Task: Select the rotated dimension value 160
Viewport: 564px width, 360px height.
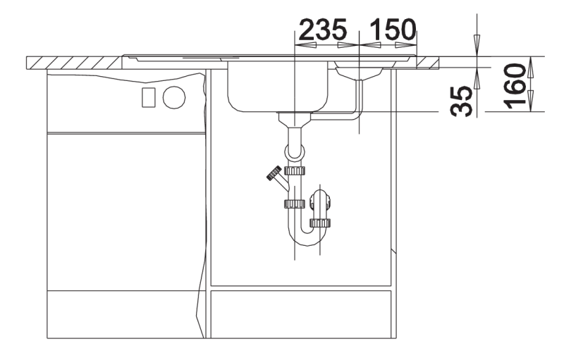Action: pos(515,86)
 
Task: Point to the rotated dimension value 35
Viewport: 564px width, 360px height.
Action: pos(462,101)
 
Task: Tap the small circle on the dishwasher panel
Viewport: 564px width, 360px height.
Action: pos(174,98)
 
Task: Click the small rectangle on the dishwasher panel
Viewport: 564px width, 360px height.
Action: pos(149,97)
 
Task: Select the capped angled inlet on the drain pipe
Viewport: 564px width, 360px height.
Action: pos(278,178)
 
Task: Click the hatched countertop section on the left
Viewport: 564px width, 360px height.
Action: pos(74,63)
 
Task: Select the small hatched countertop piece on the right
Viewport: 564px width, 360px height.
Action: pos(428,63)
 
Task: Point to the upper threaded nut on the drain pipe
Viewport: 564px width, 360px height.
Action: pos(295,170)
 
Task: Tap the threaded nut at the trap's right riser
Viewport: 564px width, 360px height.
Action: pos(320,223)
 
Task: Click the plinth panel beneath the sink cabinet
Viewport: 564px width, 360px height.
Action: pos(301,314)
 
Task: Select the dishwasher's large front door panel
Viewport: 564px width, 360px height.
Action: pos(126,211)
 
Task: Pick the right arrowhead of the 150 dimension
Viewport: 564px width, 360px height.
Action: pos(406,45)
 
